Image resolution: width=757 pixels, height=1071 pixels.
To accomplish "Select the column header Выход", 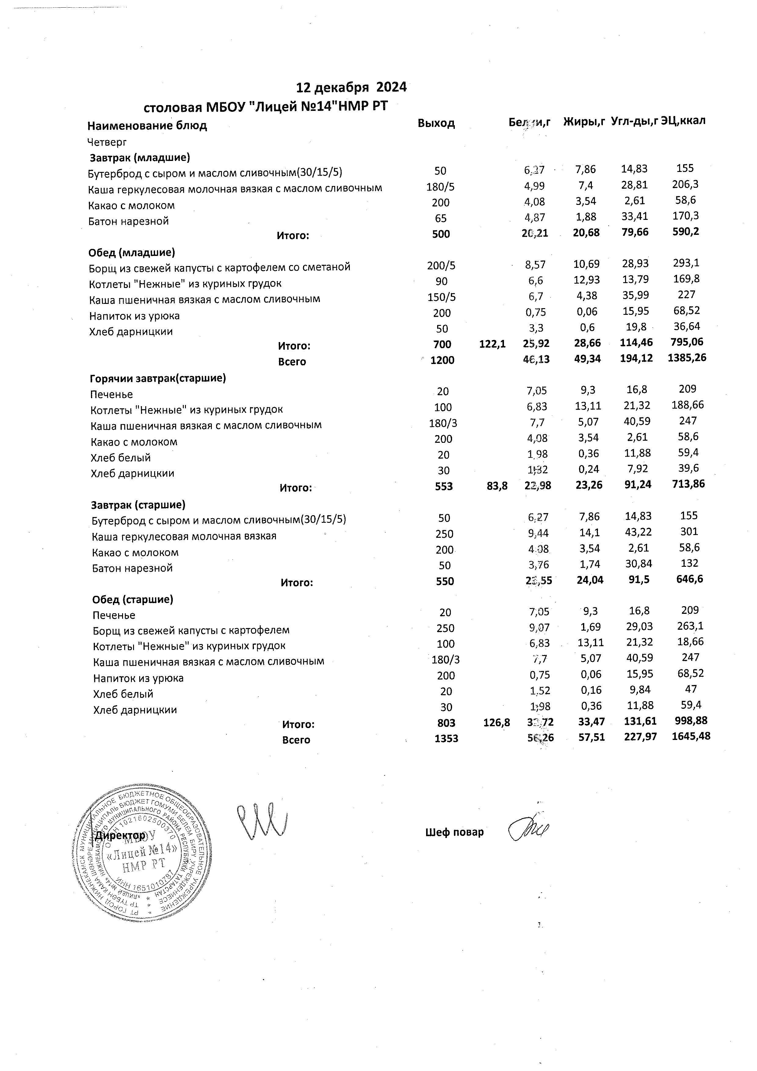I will [436, 123].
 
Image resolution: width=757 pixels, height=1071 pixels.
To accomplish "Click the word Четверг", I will [107, 142].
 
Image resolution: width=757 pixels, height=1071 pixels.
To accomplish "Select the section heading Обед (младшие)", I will [132, 253].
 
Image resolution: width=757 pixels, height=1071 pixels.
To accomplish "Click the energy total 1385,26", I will [684, 358].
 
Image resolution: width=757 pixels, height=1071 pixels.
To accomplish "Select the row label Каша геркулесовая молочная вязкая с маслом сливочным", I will [235, 188].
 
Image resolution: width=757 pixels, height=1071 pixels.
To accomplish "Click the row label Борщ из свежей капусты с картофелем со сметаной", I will [219, 267].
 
